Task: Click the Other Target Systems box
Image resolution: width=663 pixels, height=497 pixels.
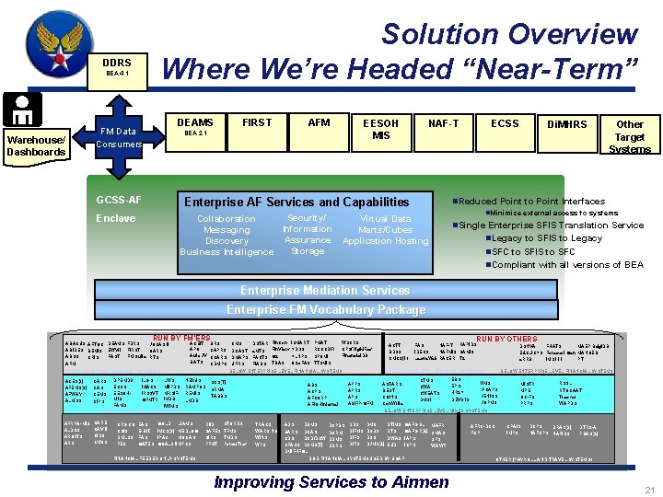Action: coord(630,135)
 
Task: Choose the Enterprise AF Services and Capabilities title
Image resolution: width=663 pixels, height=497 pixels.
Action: coord(308,202)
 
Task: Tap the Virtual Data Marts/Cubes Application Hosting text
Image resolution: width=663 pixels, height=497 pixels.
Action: coord(385,230)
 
